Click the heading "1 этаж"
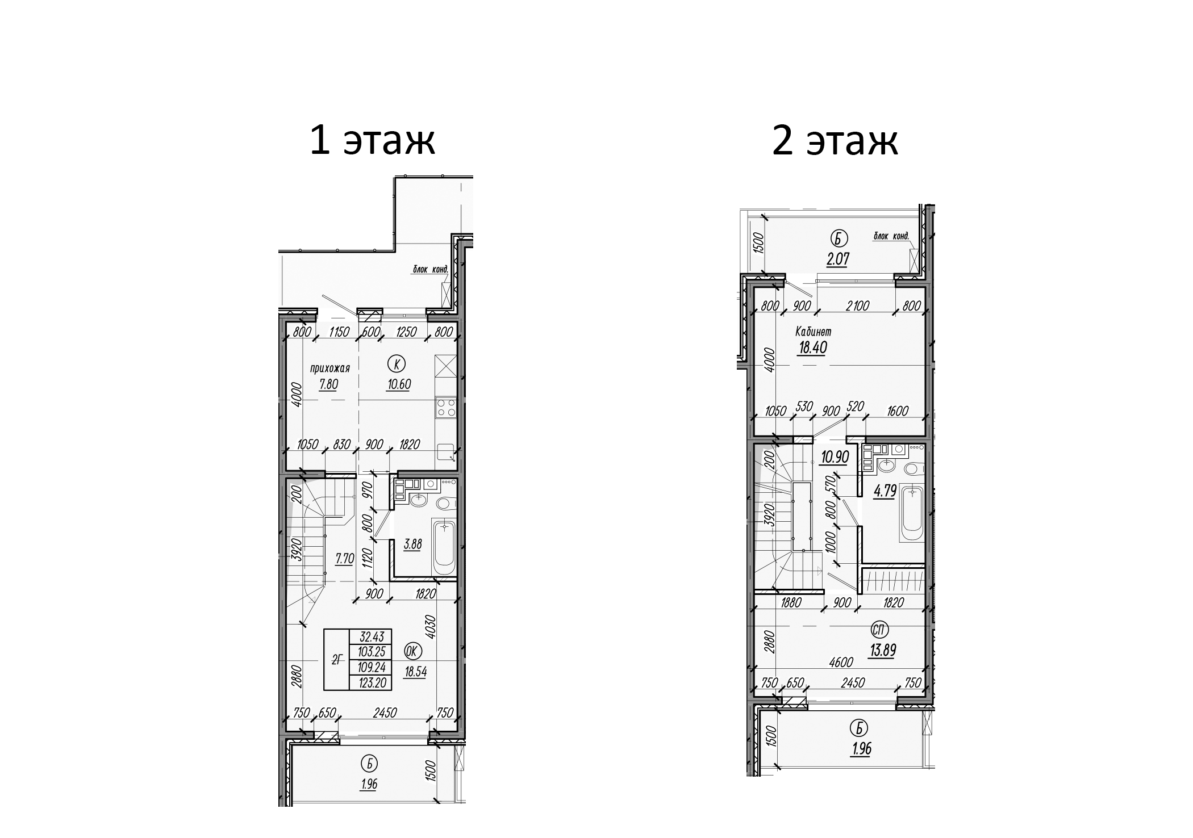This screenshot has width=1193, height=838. click(372, 141)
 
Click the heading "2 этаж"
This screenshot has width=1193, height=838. click(835, 141)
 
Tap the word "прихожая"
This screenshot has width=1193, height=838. click(329, 368)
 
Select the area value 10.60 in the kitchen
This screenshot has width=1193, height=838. click(399, 384)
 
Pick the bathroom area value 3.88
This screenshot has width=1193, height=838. click(412, 544)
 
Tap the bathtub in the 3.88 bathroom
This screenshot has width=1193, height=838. click(444, 547)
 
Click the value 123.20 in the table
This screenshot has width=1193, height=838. click(373, 683)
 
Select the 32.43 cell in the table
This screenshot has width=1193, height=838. click(373, 636)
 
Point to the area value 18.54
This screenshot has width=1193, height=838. click(415, 672)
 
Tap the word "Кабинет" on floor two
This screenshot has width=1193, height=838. click(813, 332)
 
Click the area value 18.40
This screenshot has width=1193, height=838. click(812, 347)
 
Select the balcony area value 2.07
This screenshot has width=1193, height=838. click(837, 259)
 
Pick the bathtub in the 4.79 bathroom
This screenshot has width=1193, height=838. click(912, 514)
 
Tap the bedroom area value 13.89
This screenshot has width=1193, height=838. click(882, 650)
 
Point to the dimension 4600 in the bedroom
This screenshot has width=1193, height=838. click(840, 662)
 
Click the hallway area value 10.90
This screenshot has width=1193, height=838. click(835, 456)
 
